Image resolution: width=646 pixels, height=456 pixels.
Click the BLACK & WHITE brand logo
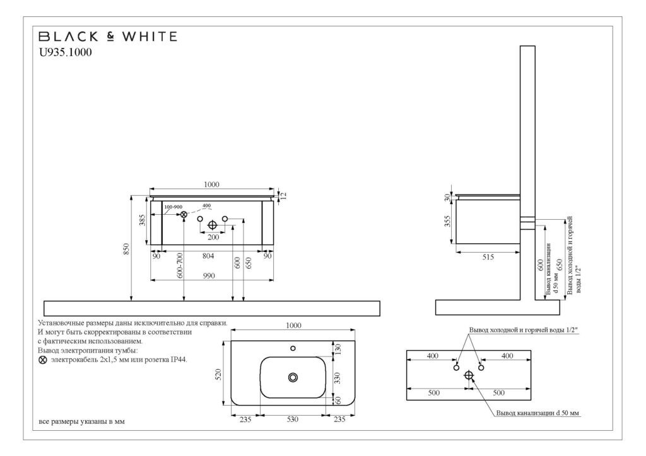tap(108, 37)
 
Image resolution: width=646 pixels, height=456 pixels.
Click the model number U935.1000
tap(66, 53)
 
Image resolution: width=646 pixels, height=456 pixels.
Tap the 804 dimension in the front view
tap(208, 256)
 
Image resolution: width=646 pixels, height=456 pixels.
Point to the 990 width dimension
tap(208, 275)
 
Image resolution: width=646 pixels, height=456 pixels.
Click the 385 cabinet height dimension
tap(143, 220)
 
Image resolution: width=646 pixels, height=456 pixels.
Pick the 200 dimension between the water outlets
tap(213, 237)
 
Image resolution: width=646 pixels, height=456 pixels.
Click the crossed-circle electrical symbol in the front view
tap(184, 215)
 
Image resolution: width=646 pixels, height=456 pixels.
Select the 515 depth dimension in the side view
tap(487, 256)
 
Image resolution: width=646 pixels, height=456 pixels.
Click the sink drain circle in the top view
tap(293, 377)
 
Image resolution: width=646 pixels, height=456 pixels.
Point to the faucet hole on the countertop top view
tap(293, 348)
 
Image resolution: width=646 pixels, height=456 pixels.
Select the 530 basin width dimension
tap(292, 419)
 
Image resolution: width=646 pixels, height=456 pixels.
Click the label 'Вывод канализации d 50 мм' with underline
tap(537, 413)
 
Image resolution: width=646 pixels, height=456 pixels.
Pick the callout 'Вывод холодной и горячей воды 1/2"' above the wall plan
tap(524, 330)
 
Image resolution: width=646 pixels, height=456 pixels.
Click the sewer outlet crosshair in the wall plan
tap(469, 375)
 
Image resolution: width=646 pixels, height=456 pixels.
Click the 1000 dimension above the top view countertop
tap(293, 325)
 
